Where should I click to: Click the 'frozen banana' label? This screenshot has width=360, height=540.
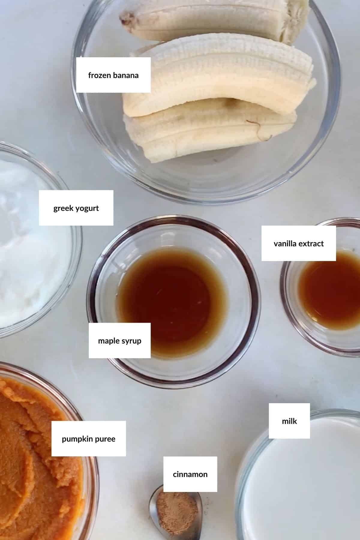(x=113, y=75)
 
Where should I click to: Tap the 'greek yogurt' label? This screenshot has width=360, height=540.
(x=76, y=208)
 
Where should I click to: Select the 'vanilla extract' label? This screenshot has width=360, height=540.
(x=298, y=243)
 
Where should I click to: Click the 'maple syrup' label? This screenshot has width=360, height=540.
(x=119, y=340)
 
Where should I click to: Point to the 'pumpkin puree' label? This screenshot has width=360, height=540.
(x=88, y=439)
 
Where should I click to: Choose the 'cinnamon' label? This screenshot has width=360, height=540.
(x=190, y=474)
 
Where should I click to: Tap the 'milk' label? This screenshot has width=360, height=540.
(x=289, y=421)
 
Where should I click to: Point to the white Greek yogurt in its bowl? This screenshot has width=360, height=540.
(x=30, y=270)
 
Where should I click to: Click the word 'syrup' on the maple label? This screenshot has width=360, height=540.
(x=131, y=341)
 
